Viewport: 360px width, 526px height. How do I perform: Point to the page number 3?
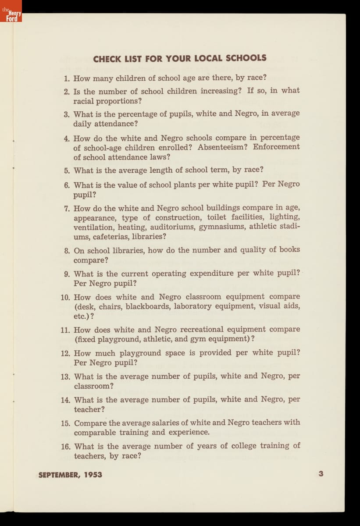click(x=321, y=473)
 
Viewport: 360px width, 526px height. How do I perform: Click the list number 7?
click(x=67, y=208)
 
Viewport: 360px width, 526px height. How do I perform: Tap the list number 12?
click(x=66, y=353)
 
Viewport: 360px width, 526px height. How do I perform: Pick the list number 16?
click(x=66, y=447)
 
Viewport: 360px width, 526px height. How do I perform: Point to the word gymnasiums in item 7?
click(x=222, y=227)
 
